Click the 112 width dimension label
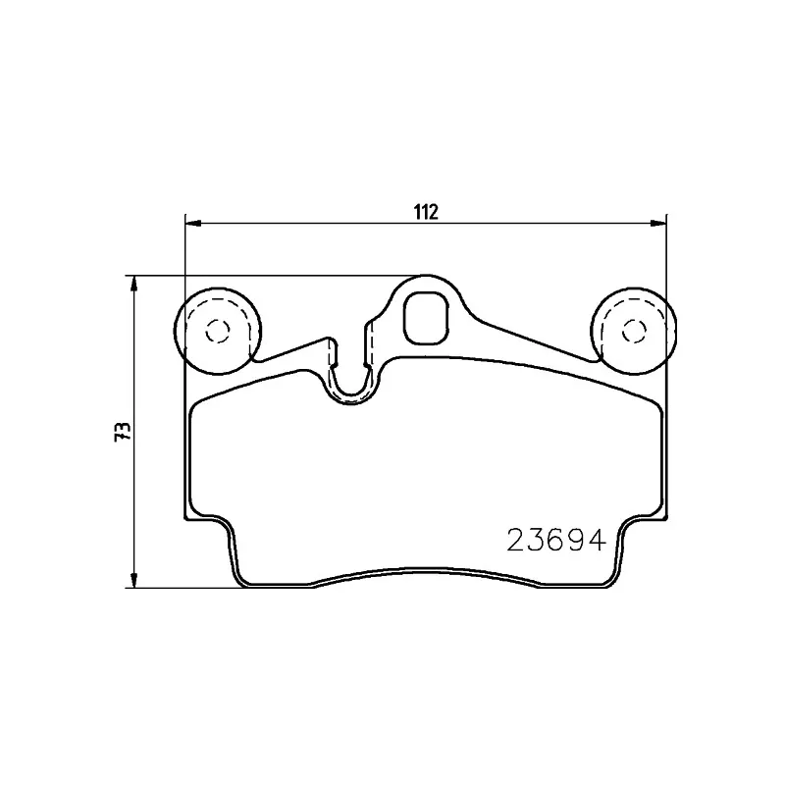425,211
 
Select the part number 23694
554,540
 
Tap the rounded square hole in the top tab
426,319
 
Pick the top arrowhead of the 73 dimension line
133,283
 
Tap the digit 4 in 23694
593,540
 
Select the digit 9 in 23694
574,540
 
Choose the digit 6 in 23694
554,540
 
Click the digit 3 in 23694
535,540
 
